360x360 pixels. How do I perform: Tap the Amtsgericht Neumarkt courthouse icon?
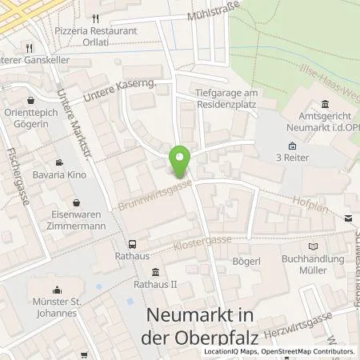pyautogui.click(x=326, y=104)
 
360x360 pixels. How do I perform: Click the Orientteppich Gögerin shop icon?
pyautogui.click(x=30, y=101)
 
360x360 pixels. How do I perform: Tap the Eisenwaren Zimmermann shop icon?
pyautogui.click(x=75, y=202)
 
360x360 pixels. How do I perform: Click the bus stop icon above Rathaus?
pyautogui.click(x=132, y=245)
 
